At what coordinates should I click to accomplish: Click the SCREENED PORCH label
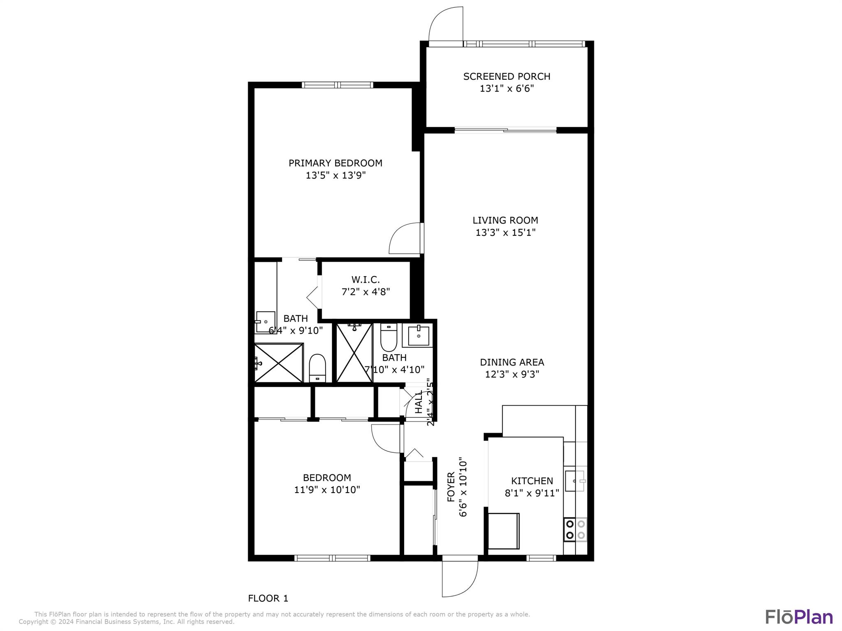[x=507, y=76]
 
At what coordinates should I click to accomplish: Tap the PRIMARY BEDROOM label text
[x=335, y=163]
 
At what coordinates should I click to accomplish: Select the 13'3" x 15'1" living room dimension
[x=505, y=233]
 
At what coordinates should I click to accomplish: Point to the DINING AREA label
[x=512, y=362]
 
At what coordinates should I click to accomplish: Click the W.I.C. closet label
[x=365, y=280]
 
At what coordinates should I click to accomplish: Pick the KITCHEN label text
[x=532, y=481]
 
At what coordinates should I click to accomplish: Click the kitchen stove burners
[x=575, y=530]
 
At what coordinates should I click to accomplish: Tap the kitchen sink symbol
[x=575, y=481]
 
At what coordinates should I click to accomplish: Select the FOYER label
[x=451, y=487]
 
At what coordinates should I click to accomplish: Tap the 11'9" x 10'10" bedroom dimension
[x=327, y=490]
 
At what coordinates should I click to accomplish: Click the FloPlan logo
[x=799, y=617]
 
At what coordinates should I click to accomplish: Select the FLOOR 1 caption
[x=268, y=598]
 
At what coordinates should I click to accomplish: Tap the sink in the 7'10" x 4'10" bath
[x=418, y=335]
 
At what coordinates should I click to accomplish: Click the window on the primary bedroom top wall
[x=338, y=85]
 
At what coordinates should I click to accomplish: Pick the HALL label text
[x=419, y=403]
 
